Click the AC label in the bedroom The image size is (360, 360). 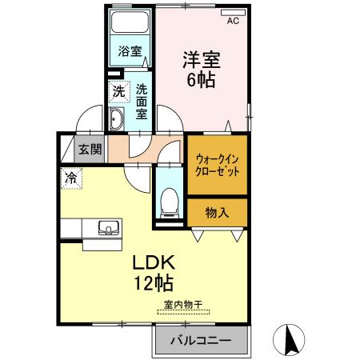[x=233, y=22]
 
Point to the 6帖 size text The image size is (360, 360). [x=202, y=80]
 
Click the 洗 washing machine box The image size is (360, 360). [x=117, y=92]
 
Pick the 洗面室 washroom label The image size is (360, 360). [x=141, y=102]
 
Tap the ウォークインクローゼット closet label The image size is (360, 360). [x=217, y=165]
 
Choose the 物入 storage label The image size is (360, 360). [x=217, y=212]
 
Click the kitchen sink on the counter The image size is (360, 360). [x=106, y=229]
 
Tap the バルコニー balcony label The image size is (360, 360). [x=200, y=342]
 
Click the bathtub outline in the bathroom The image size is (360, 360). [x=130, y=27]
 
